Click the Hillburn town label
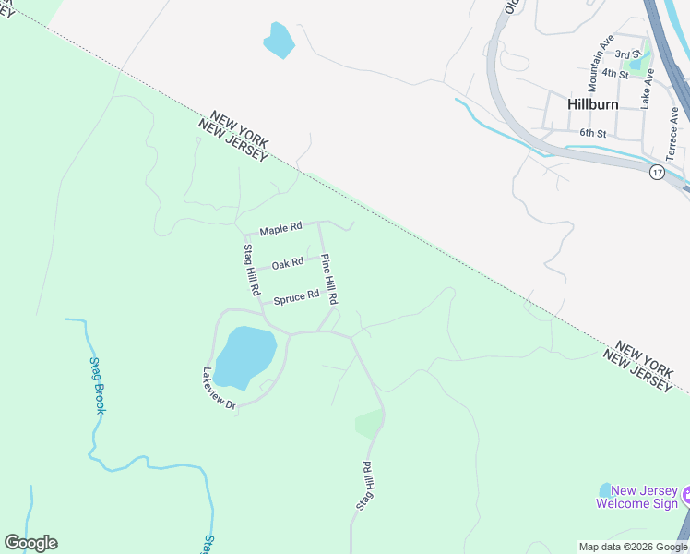(592, 104)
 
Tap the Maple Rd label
(280, 229)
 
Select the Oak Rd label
(288, 264)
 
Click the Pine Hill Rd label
(329, 281)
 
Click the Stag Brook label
(98, 385)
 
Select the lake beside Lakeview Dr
(245, 356)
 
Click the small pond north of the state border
(280, 41)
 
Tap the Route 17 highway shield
(657, 173)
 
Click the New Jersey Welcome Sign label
(637, 497)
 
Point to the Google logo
(30, 543)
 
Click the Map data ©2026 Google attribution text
(634, 547)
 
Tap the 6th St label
(591, 134)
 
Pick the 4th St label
(614, 73)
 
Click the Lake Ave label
(648, 90)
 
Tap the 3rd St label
(627, 55)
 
